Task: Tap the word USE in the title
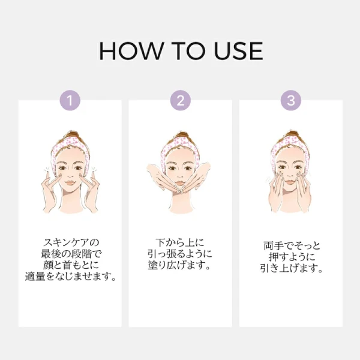[x=239, y=51]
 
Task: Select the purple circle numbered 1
[x=70, y=100]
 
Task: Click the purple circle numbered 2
[x=181, y=100]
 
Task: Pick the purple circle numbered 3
[x=291, y=100]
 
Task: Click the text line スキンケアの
[x=71, y=242]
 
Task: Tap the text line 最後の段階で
[x=71, y=254]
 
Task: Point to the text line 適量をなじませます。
[x=70, y=276]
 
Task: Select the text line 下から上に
[x=180, y=242]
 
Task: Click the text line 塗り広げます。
[x=179, y=265]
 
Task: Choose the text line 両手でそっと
[x=292, y=245]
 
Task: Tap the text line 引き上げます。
[x=292, y=268]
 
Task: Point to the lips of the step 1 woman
[x=70, y=183]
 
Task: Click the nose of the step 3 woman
[x=290, y=175]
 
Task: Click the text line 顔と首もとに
[x=71, y=265]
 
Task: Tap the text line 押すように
[x=292, y=257]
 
